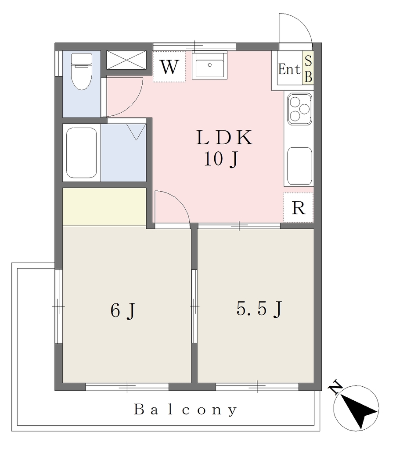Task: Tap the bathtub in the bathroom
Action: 81,153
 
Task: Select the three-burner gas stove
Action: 300,109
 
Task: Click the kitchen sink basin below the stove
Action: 300,166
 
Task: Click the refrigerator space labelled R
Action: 298,207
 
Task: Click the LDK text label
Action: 224,137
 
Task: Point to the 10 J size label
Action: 221,159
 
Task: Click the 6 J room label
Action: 122,310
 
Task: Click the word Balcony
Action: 186,410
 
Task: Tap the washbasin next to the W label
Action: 209,65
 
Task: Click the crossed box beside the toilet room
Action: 126,60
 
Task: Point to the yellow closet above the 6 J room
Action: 104,207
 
